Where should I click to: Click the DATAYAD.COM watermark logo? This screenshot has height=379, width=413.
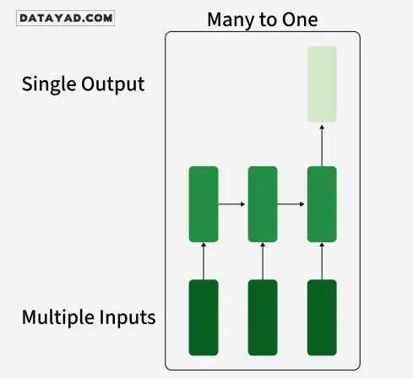click(65, 19)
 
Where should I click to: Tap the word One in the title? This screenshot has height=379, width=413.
click(300, 19)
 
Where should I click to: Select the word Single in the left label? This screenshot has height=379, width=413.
click(49, 84)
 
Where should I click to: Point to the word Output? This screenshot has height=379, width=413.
click(113, 84)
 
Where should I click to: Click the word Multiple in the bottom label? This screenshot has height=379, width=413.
click(58, 317)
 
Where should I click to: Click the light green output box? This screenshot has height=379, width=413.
click(322, 84)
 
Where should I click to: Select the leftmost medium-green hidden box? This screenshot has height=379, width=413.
click(204, 204)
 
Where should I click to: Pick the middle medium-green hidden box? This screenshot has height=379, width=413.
click(263, 204)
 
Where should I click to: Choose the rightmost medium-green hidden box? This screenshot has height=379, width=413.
click(322, 204)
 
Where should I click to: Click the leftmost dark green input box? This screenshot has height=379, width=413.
click(204, 317)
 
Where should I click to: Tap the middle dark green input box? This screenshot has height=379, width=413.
click(263, 317)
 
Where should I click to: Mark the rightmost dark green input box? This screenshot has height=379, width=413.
click(322, 317)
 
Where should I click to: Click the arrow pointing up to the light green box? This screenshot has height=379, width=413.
click(322, 146)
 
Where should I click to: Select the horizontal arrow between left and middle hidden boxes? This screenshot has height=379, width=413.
click(231, 204)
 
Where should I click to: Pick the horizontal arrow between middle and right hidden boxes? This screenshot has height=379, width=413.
click(291, 204)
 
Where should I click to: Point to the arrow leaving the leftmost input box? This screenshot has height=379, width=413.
click(204, 261)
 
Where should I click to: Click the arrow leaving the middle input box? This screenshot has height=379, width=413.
click(263, 261)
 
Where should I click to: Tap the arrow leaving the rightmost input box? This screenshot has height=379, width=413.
click(322, 261)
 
